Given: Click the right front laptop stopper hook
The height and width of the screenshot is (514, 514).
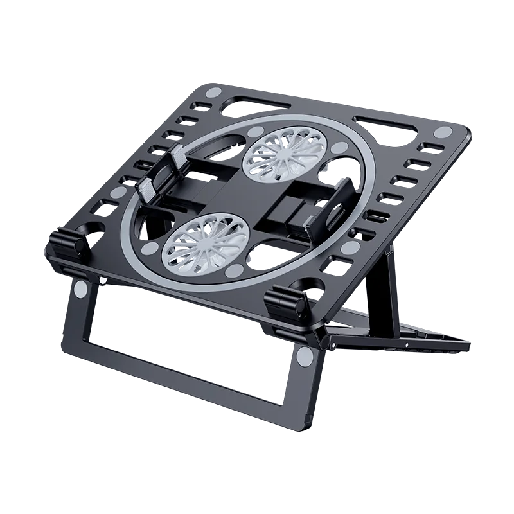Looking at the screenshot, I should [x=288, y=300].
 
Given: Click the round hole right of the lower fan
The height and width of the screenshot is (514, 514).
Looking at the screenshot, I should [x=278, y=249].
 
